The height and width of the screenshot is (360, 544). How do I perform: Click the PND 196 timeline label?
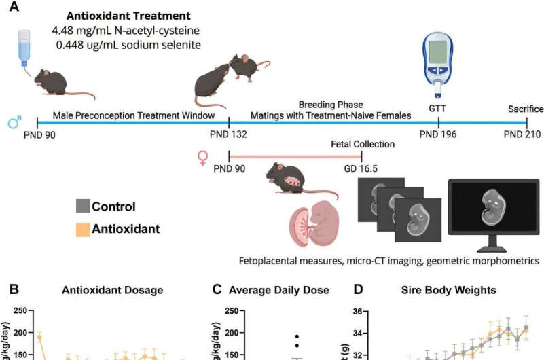tap(438, 134)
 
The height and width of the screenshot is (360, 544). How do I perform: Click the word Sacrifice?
tap(526, 109)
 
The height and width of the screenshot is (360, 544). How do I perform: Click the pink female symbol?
tap(202, 158)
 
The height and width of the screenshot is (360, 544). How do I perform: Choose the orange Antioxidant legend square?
tap(82, 229)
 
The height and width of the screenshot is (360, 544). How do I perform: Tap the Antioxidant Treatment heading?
tap(124, 14)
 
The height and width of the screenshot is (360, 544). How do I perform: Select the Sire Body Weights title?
tap(451, 290)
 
